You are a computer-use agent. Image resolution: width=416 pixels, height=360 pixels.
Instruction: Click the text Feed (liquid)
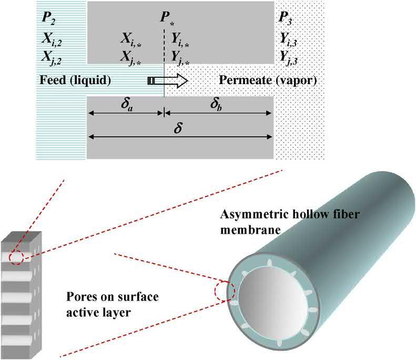pos(74,80)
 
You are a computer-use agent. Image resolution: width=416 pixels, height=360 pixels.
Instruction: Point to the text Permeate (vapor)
pos(268,80)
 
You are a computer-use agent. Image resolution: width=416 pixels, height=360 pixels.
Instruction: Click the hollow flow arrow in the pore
pos(168,80)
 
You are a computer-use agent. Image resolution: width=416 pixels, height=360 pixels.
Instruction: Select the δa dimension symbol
pos(126,103)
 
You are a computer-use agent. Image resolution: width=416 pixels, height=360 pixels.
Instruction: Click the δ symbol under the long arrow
pos(178,128)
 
